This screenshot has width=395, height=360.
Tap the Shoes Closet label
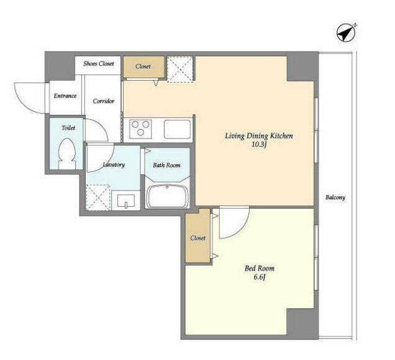[99, 64]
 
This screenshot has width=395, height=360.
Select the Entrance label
[65, 96]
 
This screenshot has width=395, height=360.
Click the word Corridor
[104, 101]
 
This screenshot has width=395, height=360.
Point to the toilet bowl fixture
[67, 154]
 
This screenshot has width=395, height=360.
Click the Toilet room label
[68, 128]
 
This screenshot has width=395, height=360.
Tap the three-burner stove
[140, 129]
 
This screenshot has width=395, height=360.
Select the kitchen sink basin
[178, 129]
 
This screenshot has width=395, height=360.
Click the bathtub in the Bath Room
[167, 196]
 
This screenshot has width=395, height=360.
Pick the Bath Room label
[166, 165]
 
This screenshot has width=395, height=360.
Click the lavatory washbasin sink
[126, 200]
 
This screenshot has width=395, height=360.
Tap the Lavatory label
[114, 164]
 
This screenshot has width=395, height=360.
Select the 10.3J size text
[259, 145]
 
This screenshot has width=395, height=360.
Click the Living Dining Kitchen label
[259, 136]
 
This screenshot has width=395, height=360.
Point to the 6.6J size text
[260, 277]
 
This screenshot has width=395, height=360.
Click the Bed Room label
[260, 268]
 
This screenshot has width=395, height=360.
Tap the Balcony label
[335, 197]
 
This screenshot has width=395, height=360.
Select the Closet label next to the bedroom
[197, 238]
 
